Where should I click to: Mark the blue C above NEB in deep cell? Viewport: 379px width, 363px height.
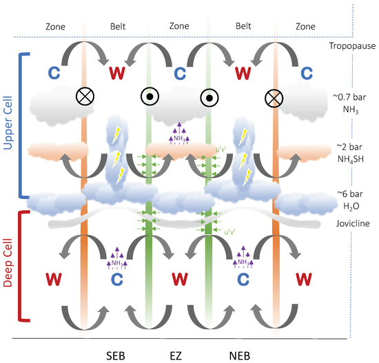pyautogui.click(x=243, y=280)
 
